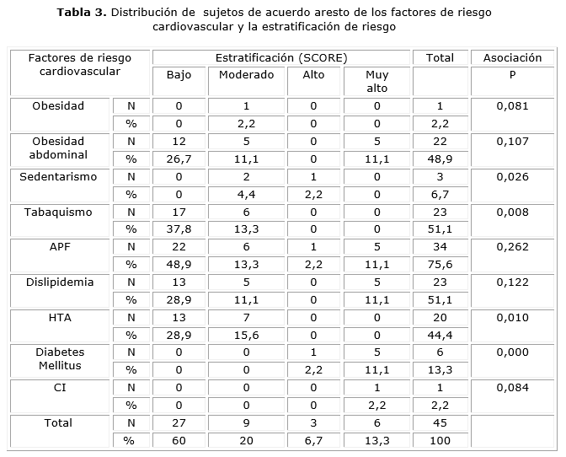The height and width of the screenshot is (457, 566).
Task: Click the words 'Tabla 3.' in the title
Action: tap(82, 13)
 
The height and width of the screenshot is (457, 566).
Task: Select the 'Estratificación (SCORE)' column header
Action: tap(281, 57)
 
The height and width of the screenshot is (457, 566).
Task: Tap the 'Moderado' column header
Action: tap(247, 74)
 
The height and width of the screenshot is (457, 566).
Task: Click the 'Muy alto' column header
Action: tap(377, 80)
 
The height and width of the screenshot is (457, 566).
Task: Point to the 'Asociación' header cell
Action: tap(512, 57)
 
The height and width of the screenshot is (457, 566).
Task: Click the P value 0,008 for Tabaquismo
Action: tap(512, 212)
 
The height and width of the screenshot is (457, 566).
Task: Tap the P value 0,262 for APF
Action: tap(512, 247)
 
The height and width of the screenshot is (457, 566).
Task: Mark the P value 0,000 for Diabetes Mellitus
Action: tap(512, 352)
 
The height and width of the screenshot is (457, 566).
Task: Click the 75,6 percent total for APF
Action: tap(440, 264)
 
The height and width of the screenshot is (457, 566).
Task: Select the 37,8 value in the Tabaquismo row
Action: tap(179, 229)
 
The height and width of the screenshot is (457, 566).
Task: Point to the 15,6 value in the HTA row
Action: tap(247, 335)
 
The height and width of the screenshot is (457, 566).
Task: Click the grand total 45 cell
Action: tap(440, 422)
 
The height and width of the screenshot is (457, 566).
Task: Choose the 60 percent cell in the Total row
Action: tap(179, 440)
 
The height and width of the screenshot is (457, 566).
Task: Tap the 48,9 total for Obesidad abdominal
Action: tap(440, 159)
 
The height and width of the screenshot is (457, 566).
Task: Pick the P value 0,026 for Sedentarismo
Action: tap(512, 177)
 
